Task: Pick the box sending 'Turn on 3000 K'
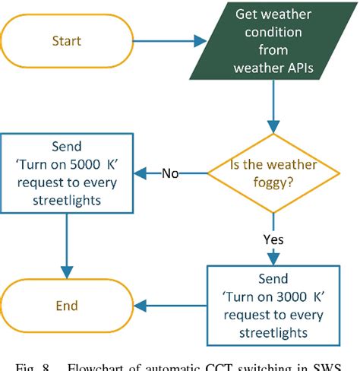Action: [x=273, y=302]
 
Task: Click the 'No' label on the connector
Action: [x=169, y=173]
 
